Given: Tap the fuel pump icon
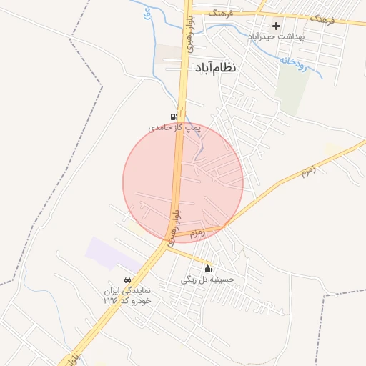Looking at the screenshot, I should coord(174,117).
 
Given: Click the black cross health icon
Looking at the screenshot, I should coord(276,26).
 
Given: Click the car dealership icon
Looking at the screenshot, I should coord(127,280).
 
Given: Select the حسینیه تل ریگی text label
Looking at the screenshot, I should coord(207,280).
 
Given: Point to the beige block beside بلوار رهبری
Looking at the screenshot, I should coord(169,52).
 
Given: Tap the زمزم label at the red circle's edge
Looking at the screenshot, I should coord(198,232).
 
